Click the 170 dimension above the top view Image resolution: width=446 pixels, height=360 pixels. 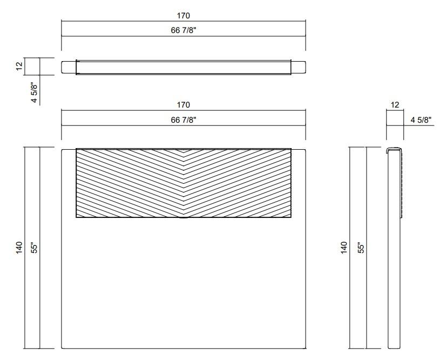pos(184,16)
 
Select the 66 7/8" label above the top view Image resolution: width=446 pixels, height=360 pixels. pos(184,30)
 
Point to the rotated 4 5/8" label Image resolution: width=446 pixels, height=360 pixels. pos(34,92)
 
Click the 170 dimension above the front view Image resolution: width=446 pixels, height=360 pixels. pos(184,105)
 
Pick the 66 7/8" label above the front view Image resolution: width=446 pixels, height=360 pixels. pos(184,119)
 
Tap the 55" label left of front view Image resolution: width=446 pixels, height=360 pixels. pos(34,248)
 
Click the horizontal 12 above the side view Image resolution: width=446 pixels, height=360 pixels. pos(395,105)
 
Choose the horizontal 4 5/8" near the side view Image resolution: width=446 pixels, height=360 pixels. pos(421,119)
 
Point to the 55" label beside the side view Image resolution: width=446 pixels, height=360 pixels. pos(361,248)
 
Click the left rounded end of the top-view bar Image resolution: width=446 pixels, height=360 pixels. pos(68,66)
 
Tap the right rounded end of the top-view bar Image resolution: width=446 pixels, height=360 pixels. pos(299,66)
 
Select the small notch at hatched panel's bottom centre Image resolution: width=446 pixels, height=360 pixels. pos(184,218)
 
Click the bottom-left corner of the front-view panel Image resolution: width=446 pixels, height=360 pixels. pos(63,347)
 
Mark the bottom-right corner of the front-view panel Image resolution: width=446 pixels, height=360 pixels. pos(305,347)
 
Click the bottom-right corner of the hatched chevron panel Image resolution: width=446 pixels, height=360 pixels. pos(291,217)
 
